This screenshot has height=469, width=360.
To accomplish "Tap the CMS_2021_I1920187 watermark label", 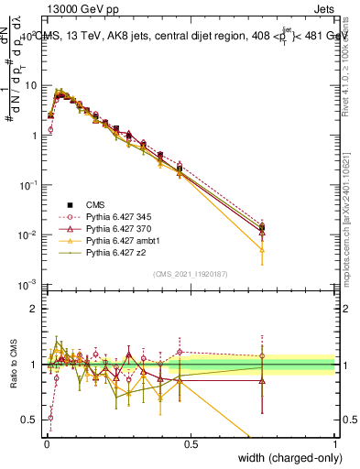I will (190, 274).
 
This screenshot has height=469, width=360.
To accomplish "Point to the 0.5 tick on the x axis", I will (191, 443).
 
